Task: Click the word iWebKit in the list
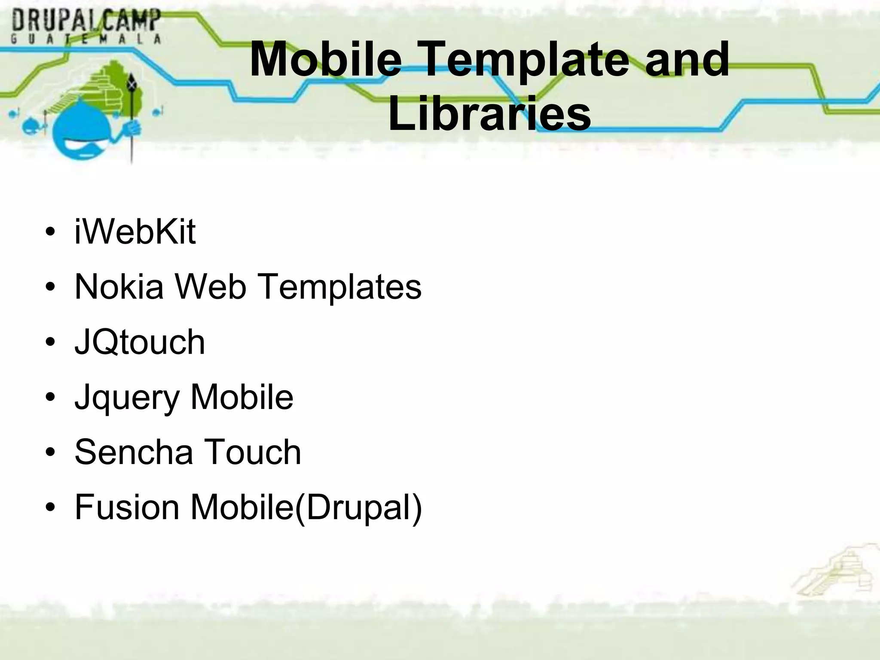point(135,232)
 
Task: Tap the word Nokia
point(119,287)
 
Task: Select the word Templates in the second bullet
point(340,287)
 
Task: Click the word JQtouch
point(140,342)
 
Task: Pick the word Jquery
point(127,398)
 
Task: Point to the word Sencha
point(134,452)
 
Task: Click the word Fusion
point(127,507)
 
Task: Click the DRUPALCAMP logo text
point(86,21)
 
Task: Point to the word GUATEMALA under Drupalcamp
point(86,39)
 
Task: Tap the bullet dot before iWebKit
point(50,233)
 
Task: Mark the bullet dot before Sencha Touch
point(50,453)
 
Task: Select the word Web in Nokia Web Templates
point(211,287)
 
